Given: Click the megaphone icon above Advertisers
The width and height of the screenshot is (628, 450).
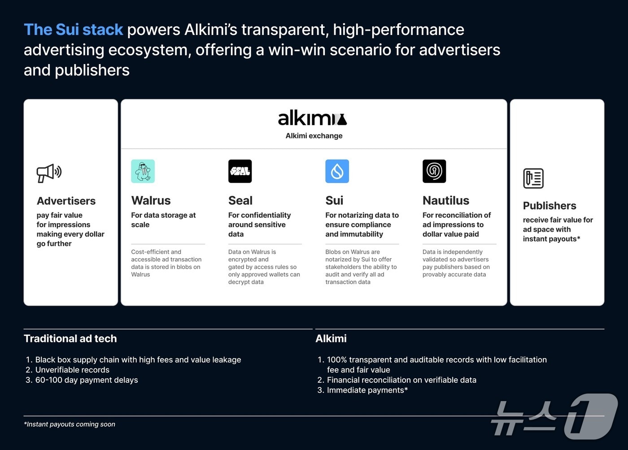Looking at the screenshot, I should point(49,173).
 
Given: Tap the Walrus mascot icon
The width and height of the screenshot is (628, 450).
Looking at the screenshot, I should point(143,171).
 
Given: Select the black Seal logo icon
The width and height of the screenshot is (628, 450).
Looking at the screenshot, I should point(240,171).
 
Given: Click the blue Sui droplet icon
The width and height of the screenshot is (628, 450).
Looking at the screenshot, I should point(337,171).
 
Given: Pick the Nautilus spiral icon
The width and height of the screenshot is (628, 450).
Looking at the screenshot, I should point(434,171).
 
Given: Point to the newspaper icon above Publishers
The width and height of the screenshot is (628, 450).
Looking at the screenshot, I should point(533,178).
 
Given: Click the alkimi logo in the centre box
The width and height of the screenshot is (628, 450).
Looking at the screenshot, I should point(312,118).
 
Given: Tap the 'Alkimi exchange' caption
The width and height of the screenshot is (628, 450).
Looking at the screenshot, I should point(314,136).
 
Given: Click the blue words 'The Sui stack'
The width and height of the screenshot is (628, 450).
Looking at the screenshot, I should point(73,30).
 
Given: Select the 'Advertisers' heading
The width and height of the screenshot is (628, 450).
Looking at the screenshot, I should point(66,201).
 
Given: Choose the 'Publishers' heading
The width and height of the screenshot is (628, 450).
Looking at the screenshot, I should point(549,206).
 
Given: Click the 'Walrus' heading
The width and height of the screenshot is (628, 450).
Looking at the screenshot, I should point(151,200).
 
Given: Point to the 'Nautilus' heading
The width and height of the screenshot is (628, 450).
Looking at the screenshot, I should point(446,200).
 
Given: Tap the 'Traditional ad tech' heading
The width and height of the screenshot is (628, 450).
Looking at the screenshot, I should point(70,338).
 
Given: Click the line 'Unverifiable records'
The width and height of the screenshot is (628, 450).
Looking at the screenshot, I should point(72,370).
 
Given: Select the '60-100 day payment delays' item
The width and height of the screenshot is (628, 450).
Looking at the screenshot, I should point(87,380).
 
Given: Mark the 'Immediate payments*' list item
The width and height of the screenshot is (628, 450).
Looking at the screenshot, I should point(367,390).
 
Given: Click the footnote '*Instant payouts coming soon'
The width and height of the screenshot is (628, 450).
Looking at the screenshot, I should point(70,424).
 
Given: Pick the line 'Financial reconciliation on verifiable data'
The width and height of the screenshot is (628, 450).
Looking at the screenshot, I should point(401,380).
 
